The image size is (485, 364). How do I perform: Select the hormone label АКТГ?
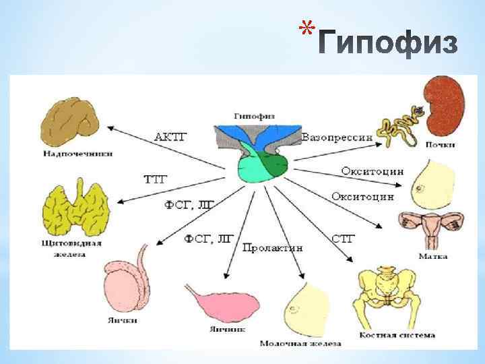click(x=171, y=137)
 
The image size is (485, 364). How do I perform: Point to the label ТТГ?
click(x=156, y=179)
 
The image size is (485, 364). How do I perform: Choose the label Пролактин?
click(x=273, y=247)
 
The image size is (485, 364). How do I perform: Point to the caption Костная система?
click(x=397, y=334)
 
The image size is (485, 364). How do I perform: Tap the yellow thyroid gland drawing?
click(x=75, y=206)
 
